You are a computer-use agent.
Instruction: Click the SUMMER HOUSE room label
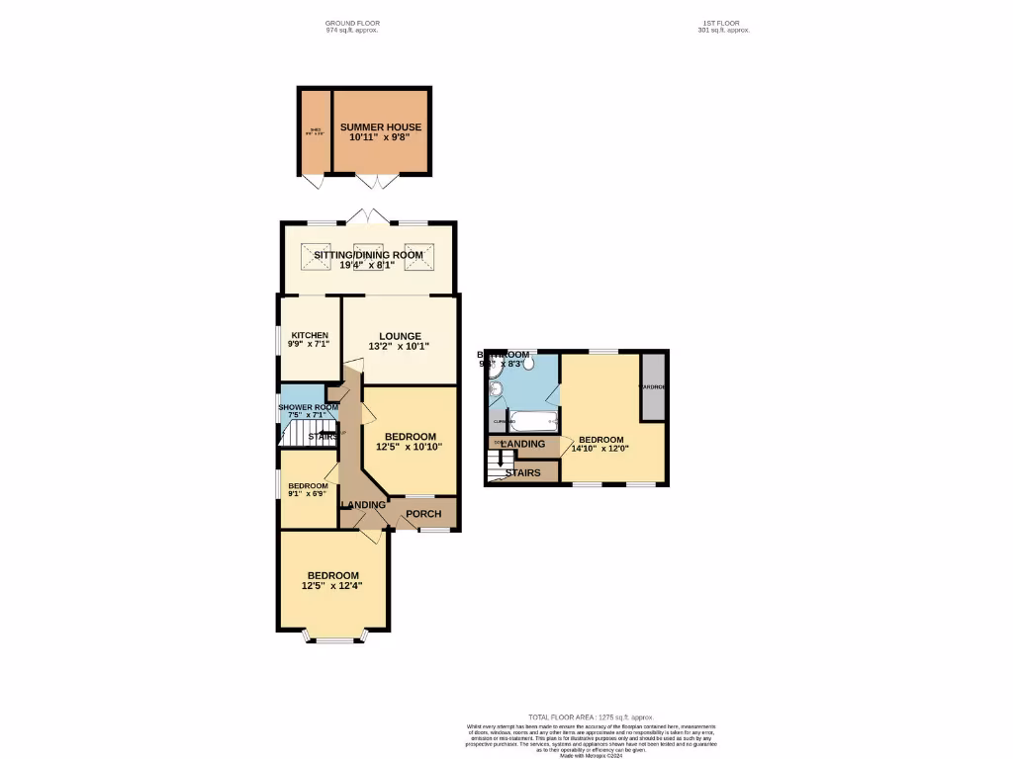click(381, 127)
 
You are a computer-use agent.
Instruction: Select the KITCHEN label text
click(301, 335)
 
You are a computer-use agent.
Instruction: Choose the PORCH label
click(425, 514)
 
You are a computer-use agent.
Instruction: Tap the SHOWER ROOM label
click(308, 407)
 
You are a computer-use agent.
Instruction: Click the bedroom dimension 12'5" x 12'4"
click(332, 586)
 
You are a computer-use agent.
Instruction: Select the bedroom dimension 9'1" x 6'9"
click(308, 494)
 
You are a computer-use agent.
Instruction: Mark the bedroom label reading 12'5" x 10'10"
click(409, 447)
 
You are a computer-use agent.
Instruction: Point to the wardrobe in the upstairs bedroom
click(653, 386)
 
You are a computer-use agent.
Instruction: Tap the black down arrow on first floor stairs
click(501, 460)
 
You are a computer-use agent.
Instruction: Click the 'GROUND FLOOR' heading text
click(352, 23)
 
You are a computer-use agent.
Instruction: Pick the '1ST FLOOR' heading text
click(723, 23)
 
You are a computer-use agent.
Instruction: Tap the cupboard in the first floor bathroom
click(498, 422)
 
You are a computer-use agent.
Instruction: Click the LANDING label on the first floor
click(523, 444)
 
